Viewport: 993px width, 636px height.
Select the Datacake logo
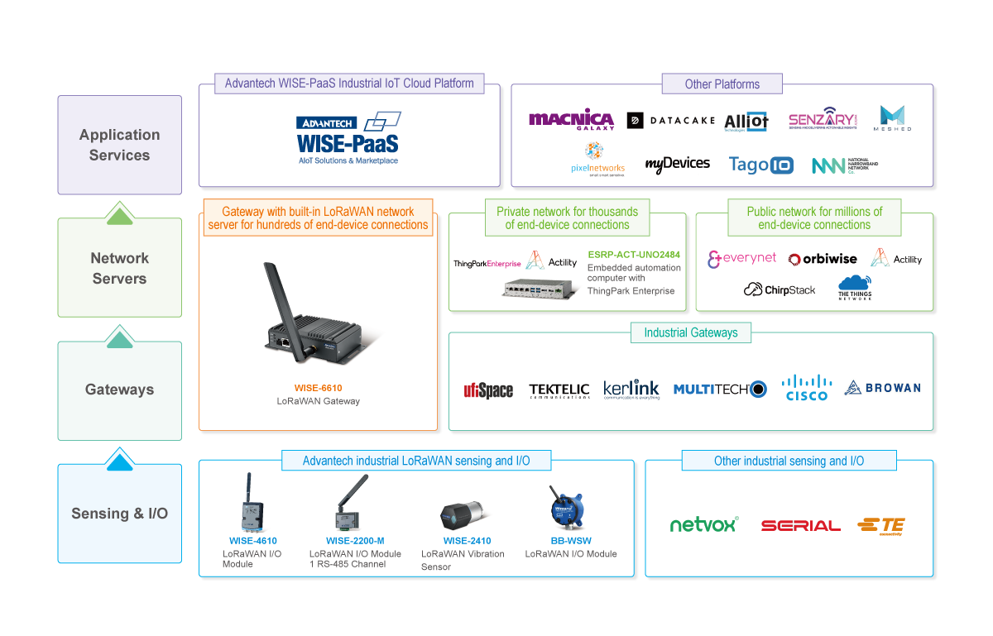tap(670, 121)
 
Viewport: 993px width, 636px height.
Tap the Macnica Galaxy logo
tap(571, 121)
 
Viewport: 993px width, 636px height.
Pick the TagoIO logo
tap(760, 165)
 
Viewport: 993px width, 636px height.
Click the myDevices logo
tap(677, 164)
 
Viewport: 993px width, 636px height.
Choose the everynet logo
tap(741, 259)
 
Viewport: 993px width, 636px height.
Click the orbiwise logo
tap(823, 259)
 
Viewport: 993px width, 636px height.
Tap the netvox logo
tap(703, 524)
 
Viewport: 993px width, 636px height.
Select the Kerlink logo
tap(631, 389)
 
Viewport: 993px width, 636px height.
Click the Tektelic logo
tap(559, 390)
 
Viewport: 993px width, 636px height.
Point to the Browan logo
tap(882, 387)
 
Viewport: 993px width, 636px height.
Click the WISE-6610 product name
tap(318, 387)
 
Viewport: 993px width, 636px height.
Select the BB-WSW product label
tap(570, 541)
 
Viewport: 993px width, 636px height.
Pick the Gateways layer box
tap(119, 390)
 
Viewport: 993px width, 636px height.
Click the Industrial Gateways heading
tap(690, 332)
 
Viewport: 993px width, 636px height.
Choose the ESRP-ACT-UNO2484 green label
tap(634, 255)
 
